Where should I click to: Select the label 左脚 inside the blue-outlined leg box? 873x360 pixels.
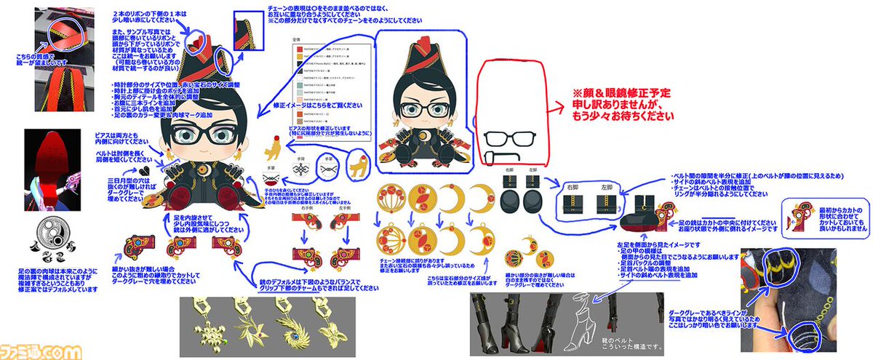[x=606, y=188]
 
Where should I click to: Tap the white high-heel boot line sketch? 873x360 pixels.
[x=589, y=312]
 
